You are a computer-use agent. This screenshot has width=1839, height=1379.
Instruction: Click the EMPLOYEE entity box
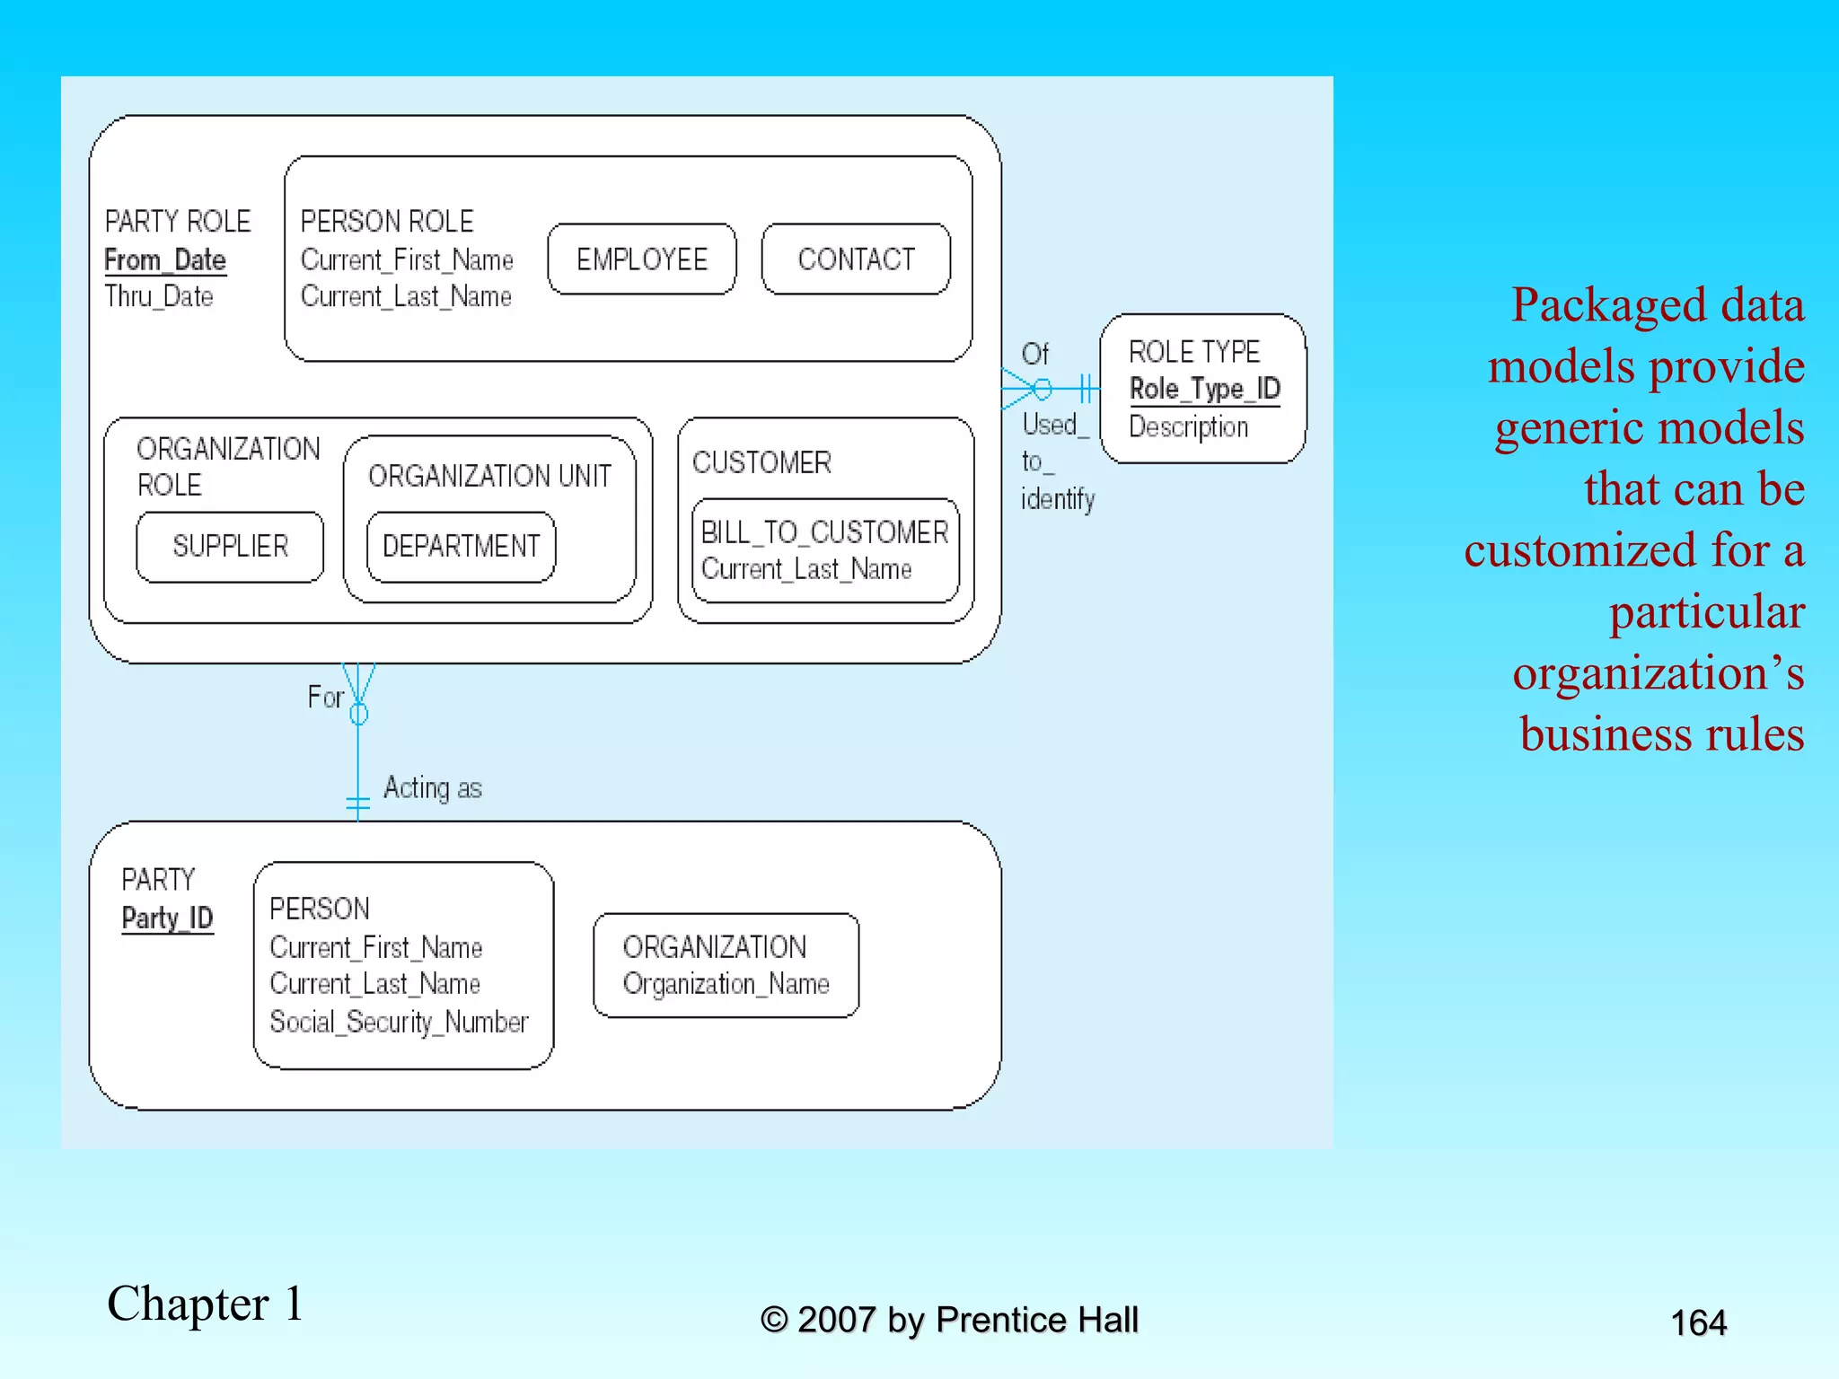point(641,259)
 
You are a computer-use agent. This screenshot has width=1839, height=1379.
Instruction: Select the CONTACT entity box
point(856,259)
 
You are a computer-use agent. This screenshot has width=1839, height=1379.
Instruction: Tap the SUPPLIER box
point(230,546)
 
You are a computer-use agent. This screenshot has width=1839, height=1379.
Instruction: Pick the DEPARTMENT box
point(461,546)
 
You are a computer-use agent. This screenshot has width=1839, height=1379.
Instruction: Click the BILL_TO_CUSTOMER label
point(824,532)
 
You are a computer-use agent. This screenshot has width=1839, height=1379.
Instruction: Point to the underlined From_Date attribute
point(165,260)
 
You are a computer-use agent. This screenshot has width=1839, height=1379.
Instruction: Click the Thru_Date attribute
point(159,296)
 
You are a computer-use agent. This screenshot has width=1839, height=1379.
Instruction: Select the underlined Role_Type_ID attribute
point(1204,389)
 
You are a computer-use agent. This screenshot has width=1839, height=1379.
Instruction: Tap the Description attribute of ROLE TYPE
point(1188,426)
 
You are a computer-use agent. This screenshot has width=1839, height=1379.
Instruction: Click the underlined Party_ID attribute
point(167,918)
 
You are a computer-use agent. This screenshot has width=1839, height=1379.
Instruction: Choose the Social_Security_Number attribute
point(399,1022)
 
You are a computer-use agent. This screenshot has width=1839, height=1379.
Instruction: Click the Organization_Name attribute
point(726,984)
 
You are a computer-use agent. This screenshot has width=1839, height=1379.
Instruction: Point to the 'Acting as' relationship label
point(433,788)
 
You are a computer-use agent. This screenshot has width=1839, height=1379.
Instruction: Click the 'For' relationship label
point(325,697)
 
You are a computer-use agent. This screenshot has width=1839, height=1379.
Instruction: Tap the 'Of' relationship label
point(1034,354)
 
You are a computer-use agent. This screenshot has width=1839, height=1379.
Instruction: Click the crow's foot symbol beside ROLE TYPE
point(1021,390)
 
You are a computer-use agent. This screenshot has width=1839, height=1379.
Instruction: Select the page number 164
point(1698,1322)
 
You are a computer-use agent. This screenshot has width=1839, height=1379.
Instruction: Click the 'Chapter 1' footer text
point(205,1304)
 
